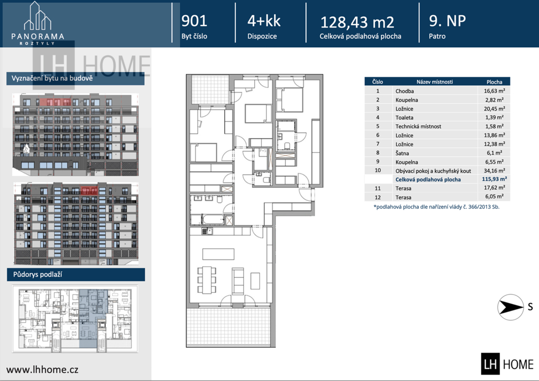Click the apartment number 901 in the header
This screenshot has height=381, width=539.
(194, 21)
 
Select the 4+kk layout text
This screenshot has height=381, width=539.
(264, 21)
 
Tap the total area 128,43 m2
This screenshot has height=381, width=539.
(357, 22)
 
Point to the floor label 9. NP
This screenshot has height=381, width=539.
(447, 21)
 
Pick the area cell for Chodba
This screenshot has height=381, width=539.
(494, 91)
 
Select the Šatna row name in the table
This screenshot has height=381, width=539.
(402, 153)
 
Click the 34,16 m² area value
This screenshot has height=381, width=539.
(494, 171)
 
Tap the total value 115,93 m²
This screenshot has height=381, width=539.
(494, 179)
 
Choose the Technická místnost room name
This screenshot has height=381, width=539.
(418, 126)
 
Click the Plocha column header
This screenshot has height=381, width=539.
(494, 82)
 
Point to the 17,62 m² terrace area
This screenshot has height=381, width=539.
(494, 187)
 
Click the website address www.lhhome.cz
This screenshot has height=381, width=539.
(42, 369)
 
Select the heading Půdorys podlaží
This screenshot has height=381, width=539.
(37, 275)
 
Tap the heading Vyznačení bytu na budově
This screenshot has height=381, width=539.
(52, 78)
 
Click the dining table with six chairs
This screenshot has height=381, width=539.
(206, 279)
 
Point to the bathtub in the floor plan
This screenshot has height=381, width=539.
(213, 219)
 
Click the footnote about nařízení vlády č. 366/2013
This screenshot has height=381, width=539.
(436, 207)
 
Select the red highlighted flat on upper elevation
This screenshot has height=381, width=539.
(55, 102)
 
